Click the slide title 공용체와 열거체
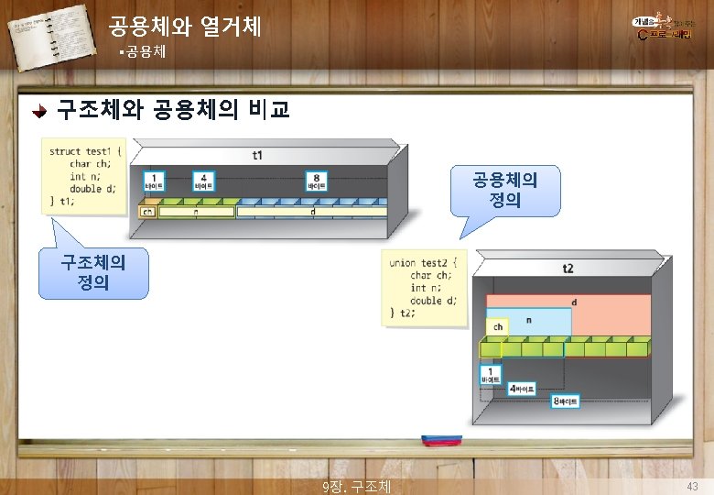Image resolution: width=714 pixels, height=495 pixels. tap(184, 26)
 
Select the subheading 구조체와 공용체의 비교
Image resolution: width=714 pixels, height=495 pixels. tap(173, 111)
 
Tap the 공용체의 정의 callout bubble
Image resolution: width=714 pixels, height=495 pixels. tap(504, 189)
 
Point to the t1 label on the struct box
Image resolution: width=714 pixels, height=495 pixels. tap(256, 155)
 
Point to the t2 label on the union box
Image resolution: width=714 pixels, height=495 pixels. tap(568, 269)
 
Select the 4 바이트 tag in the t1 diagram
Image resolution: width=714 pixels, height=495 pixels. tap(204, 181)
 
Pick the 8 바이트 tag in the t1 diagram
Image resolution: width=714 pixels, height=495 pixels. tap(317, 181)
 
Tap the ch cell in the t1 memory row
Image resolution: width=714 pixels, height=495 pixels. tap(146, 211)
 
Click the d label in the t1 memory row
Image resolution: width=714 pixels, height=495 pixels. tap(313, 211)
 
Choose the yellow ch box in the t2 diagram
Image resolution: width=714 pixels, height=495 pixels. tap(498, 326)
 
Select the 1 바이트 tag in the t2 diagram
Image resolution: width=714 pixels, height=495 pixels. tap(491, 374)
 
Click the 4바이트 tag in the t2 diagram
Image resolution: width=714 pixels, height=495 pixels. tap(523, 389)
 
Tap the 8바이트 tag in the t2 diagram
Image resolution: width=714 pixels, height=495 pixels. tap(565, 401)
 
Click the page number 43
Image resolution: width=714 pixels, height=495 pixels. tap(692, 485)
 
